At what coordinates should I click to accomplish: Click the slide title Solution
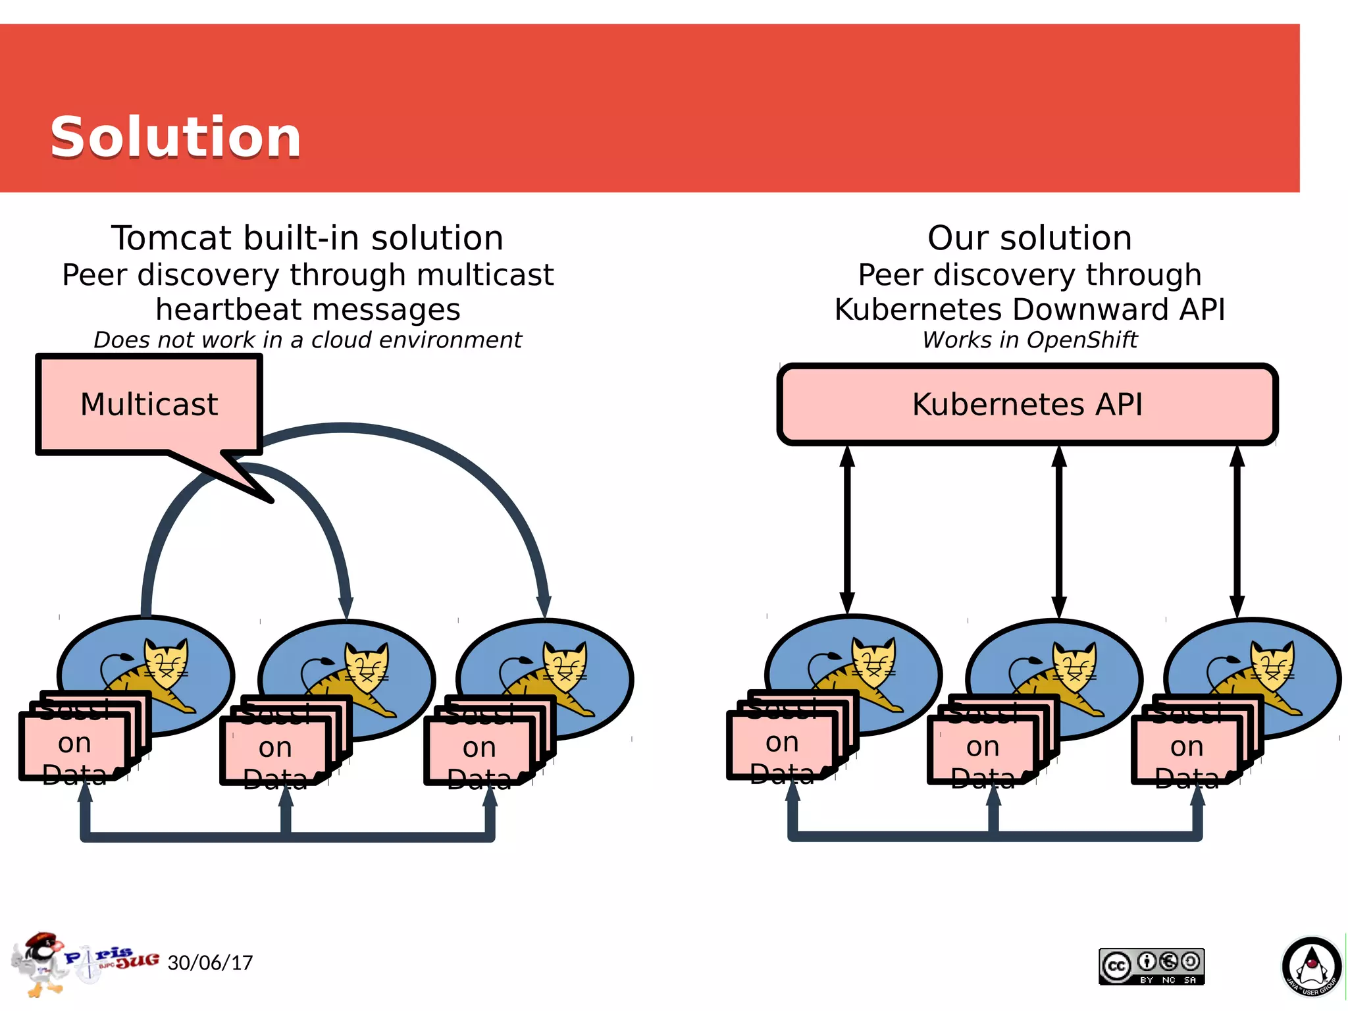click(x=175, y=137)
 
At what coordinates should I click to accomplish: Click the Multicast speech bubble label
click(x=149, y=404)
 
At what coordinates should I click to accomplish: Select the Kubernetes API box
click(x=1027, y=404)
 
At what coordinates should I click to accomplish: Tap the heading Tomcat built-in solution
click(x=307, y=238)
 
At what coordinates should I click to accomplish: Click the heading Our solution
click(x=1029, y=238)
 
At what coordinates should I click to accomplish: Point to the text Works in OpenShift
click(x=1029, y=340)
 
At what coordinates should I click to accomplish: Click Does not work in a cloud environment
click(x=307, y=340)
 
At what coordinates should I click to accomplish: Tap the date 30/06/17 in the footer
click(x=210, y=963)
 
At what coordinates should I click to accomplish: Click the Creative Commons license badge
click(x=1151, y=966)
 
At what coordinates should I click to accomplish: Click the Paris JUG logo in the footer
click(x=86, y=963)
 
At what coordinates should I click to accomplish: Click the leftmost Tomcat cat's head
click(x=167, y=661)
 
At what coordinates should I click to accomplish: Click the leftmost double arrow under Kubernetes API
click(x=847, y=530)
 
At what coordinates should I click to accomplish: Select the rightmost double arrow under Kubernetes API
click(x=1237, y=530)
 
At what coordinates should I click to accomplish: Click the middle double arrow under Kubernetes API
click(x=1058, y=530)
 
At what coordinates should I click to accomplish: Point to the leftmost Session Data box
click(x=74, y=745)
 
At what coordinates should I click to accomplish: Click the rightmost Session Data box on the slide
click(x=1186, y=748)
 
